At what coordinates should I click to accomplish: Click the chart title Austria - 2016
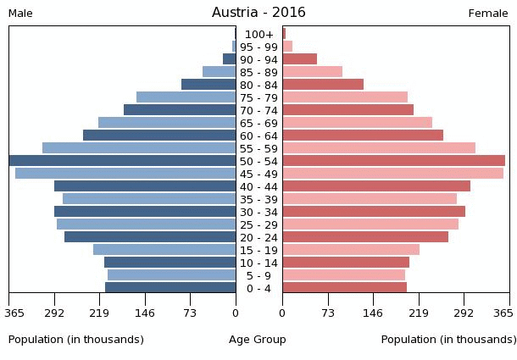pos(258,13)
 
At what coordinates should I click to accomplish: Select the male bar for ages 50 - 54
pos(123,161)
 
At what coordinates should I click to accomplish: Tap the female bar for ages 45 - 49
pos(392,174)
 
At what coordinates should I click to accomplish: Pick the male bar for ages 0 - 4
pos(170,288)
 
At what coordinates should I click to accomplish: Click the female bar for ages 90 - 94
pos(299,59)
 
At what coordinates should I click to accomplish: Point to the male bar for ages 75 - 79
pos(186,97)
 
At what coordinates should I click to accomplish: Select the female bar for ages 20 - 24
pos(365,237)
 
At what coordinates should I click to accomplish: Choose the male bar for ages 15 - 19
pos(164,250)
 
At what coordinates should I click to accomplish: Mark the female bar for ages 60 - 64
pos(363,136)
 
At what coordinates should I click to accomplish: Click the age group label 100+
pos(258,34)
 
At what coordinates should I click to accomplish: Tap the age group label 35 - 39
pos(258,199)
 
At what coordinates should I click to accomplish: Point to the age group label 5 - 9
pos(258,275)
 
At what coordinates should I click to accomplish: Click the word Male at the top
pos(20,14)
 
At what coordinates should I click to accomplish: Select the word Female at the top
pos(488,14)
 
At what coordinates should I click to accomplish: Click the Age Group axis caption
pos(258,340)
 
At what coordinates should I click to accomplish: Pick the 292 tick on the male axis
pos(55,313)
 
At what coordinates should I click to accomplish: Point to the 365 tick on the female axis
pos(503,313)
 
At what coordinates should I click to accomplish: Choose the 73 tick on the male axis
pos(191,313)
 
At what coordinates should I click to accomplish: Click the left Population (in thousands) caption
pos(76,340)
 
